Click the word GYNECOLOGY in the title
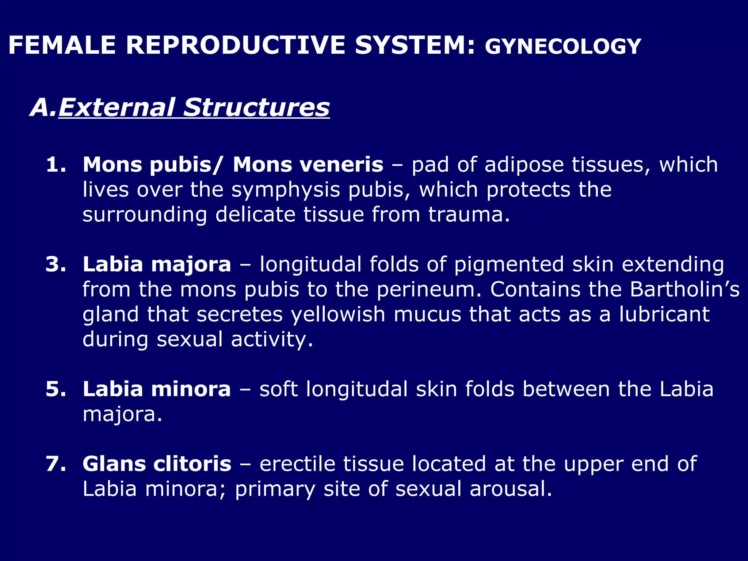[562, 47]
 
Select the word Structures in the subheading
[256, 107]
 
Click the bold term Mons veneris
[308, 164]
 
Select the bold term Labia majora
[157, 264]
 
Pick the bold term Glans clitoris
[157, 463]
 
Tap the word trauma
[469, 214]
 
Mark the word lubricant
[664, 314]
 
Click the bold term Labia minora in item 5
[157, 389]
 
